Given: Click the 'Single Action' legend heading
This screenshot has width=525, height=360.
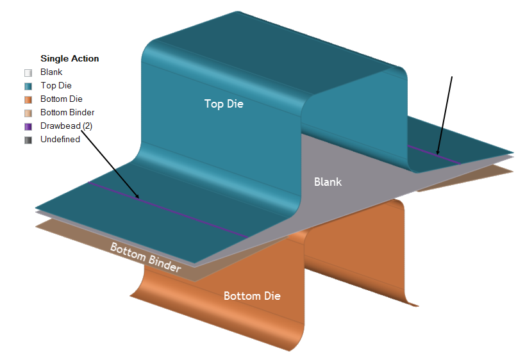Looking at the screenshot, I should click(x=69, y=58).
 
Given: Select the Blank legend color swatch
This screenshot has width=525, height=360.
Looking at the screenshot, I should click(x=28, y=72).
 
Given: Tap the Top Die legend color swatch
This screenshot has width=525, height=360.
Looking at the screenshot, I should click(x=28, y=86).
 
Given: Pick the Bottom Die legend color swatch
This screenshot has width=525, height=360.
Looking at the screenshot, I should click(x=28, y=99).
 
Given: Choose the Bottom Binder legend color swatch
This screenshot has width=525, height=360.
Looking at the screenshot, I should click(x=28, y=113).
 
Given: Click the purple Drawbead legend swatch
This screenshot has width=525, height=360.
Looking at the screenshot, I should click(x=28, y=126).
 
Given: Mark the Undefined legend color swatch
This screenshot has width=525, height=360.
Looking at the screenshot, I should click(x=28, y=140).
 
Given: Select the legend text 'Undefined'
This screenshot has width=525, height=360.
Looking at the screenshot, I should click(x=60, y=140).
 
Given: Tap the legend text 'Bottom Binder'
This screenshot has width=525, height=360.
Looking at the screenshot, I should click(x=67, y=113).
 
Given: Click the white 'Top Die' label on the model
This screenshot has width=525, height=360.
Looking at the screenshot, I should click(x=224, y=103).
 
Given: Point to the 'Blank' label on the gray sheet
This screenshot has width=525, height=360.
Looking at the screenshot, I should click(x=328, y=182).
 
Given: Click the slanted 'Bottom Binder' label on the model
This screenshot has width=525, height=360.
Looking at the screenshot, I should click(x=145, y=258).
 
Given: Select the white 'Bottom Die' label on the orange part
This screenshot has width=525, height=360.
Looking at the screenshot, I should click(x=252, y=296).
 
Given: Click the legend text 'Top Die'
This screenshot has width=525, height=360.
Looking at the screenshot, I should click(x=56, y=86).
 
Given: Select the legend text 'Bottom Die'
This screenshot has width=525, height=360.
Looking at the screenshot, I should click(x=61, y=99).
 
